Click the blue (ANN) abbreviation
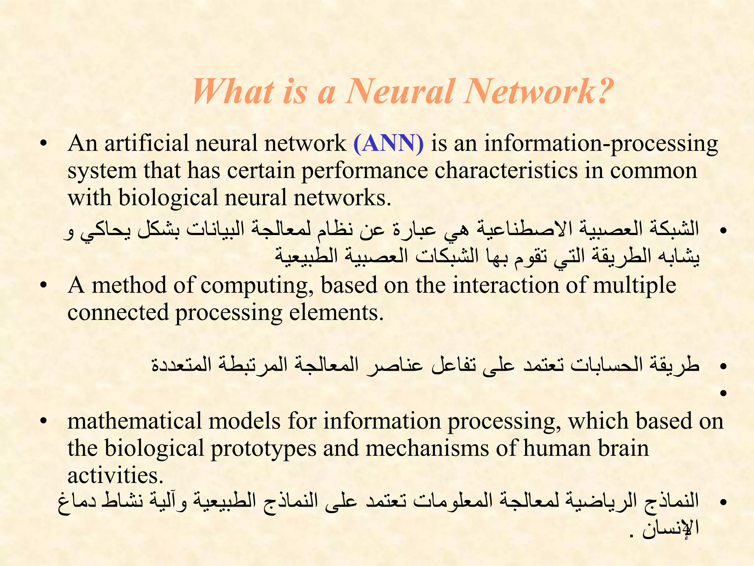click(x=388, y=144)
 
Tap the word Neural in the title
click(x=399, y=91)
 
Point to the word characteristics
click(x=506, y=171)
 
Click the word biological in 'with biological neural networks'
click(x=168, y=198)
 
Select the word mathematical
click(x=134, y=421)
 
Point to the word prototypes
click(x=263, y=449)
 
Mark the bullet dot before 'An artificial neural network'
click(x=44, y=144)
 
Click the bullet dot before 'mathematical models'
click(x=44, y=422)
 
